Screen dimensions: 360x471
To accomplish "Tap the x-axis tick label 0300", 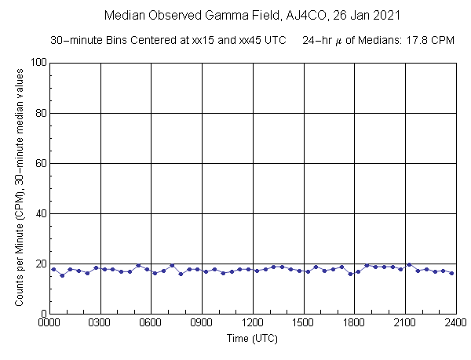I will [x=100, y=322].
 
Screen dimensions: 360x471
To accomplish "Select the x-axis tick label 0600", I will [x=151, y=322].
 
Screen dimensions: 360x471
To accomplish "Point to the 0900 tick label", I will [x=202, y=322].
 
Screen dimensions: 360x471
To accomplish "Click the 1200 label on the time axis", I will [x=253, y=322].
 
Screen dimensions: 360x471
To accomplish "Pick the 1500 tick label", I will [x=303, y=322].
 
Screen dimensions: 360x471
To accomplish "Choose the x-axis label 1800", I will [x=354, y=322].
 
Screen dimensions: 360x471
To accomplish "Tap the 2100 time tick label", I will [x=405, y=322].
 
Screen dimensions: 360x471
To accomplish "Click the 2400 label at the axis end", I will [x=455, y=322].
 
